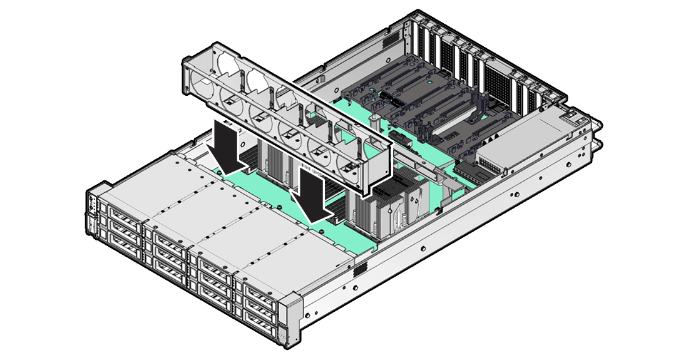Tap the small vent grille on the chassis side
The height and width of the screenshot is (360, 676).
[x=359, y=270]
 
